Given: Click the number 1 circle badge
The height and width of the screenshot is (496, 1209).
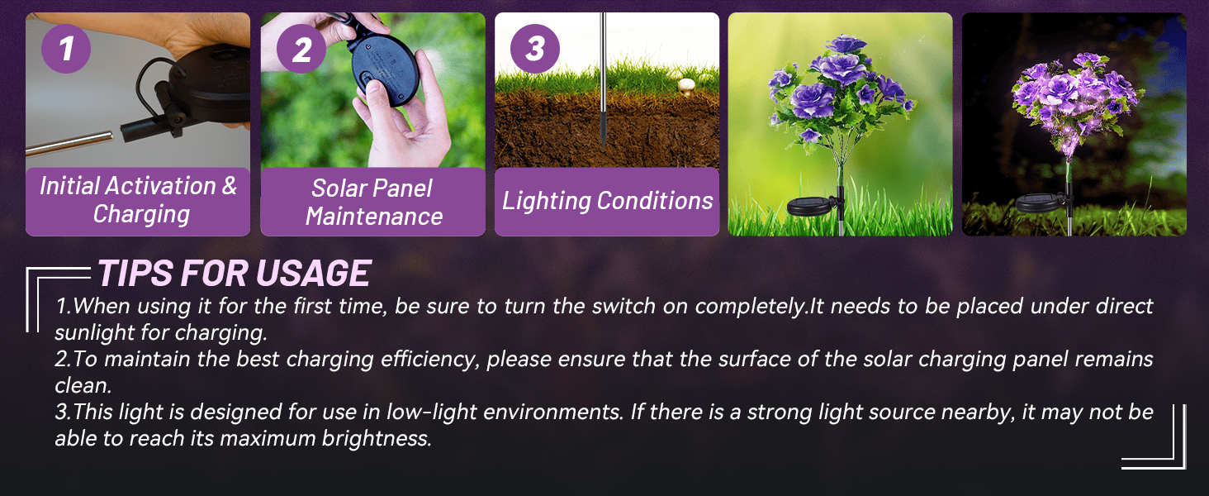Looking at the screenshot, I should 64,49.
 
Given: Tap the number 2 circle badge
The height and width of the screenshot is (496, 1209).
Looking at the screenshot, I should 301,49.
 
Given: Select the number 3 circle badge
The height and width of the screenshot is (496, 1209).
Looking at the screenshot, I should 534,49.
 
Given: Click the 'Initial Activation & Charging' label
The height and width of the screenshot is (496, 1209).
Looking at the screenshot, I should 138,200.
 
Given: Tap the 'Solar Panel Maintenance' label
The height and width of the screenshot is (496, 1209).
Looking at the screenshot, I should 372,202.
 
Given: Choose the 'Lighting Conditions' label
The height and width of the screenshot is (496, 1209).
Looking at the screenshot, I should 607,201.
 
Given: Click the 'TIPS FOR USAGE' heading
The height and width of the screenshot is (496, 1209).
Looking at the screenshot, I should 235,273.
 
